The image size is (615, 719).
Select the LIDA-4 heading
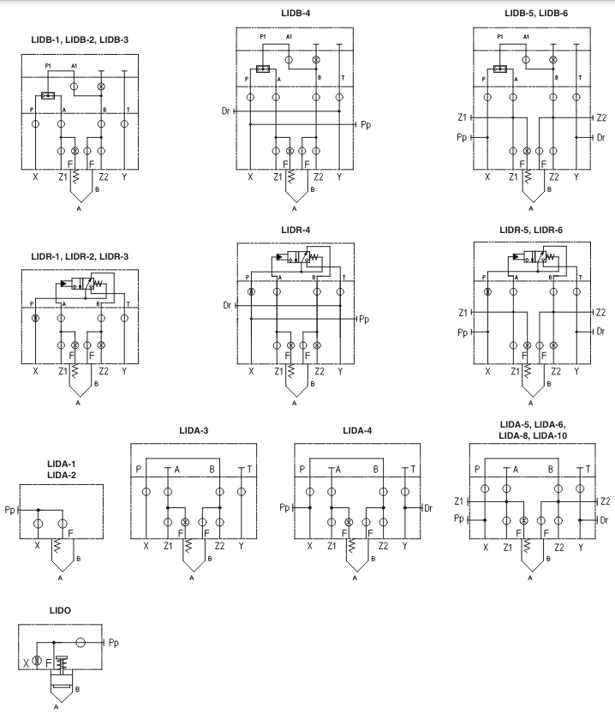coord(357,429)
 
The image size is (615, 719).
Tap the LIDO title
coord(61,609)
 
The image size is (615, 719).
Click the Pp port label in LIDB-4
coord(366,125)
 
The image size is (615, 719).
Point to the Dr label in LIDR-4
coord(227,304)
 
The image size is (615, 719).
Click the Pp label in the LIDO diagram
coord(113,642)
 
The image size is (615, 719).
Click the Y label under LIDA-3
coord(242,545)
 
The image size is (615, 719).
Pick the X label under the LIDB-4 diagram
coord(250,177)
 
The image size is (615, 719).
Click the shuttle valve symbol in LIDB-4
coord(263,69)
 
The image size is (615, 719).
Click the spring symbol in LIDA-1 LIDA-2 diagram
coord(61,544)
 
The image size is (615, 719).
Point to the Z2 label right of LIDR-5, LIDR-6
coord(601,313)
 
